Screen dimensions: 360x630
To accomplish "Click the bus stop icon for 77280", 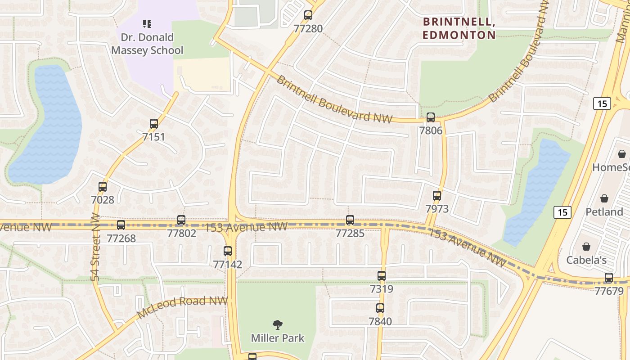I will click(308, 15).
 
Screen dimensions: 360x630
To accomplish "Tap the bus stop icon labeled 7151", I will click(154, 124).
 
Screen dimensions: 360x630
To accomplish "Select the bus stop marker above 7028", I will click(103, 186).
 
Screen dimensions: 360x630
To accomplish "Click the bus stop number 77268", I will click(121, 238).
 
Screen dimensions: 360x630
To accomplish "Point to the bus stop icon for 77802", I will click(181, 220).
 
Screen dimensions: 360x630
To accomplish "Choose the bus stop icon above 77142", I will click(228, 251).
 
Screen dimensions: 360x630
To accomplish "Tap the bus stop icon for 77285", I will click(350, 220).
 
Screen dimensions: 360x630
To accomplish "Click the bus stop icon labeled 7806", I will click(431, 117).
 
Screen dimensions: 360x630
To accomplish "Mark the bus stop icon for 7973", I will click(437, 196).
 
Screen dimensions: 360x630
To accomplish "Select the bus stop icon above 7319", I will click(382, 276).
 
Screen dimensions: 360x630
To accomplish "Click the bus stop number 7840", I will click(380, 321).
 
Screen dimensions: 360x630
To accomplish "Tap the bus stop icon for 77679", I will click(609, 278).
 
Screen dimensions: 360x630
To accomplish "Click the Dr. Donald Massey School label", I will click(147, 44).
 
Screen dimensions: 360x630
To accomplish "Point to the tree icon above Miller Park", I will click(278, 324).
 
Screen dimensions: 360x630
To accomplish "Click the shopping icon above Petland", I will click(604, 198).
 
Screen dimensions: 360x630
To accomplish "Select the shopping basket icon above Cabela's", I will click(586, 247).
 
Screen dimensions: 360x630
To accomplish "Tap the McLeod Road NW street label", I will click(182, 307).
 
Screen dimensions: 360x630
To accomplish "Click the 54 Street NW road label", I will click(95, 247).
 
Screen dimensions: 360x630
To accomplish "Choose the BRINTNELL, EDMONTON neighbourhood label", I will click(459, 28).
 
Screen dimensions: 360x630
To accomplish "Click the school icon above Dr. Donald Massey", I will click(147, 23).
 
